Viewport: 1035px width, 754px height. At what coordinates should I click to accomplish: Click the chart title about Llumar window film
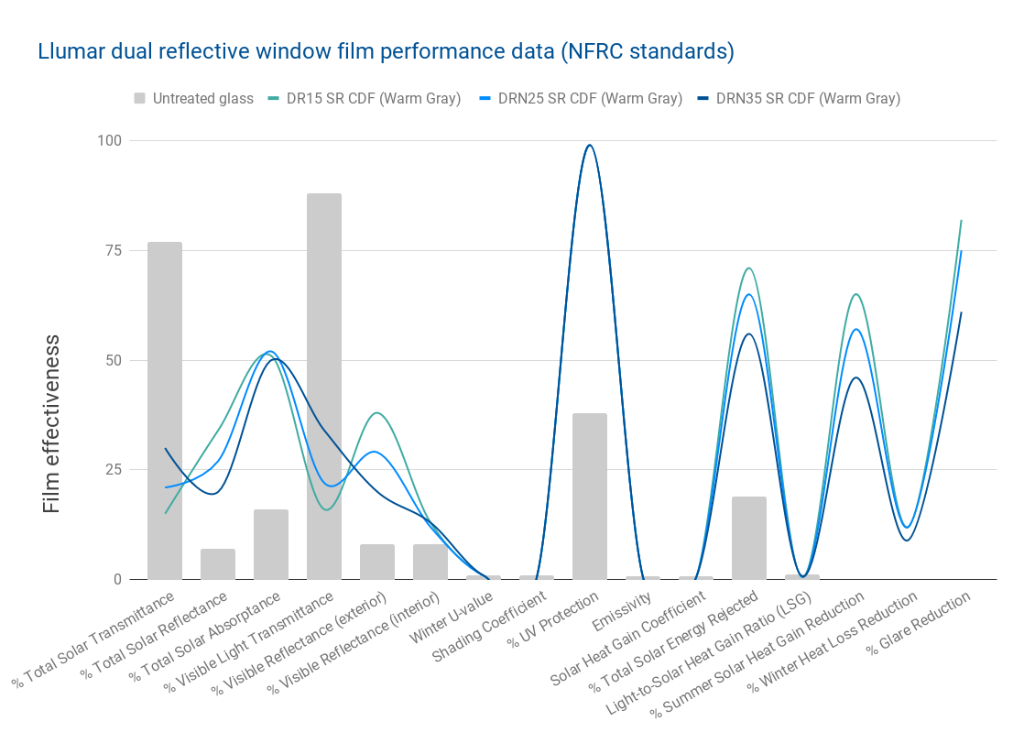point(386,51)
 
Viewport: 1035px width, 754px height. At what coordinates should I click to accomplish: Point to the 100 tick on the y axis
point(110,141)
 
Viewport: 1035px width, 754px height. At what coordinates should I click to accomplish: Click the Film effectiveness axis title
point(52,423)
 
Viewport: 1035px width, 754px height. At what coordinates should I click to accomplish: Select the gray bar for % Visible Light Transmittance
point(324,385)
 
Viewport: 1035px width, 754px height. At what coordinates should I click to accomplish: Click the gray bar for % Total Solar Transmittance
point(165,410)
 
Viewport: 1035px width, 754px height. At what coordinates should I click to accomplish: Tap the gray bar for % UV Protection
point(590,496)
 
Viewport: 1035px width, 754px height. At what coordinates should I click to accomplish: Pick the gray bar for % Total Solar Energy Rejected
point(749,537)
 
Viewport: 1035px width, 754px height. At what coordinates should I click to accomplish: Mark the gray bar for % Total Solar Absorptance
point(271,544)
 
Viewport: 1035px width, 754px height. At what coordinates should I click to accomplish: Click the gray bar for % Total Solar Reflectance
point(218,563)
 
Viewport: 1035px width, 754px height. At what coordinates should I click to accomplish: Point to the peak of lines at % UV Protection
point(590,146)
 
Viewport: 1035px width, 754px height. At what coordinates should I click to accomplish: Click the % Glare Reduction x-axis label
point(920,625)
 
